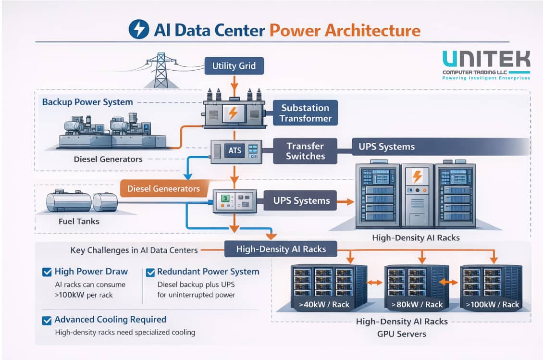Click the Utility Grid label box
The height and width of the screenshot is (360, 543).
pyautogui.click(x=234, y=65)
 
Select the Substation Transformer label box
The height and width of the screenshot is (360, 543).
pyautogui.click(x=305, y=113)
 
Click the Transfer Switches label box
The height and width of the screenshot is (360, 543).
pyautogui.click(x=305, y=151)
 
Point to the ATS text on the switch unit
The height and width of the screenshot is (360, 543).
pyautogui.click(x=234, y=151)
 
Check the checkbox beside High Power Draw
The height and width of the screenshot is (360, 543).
pyautogui.click(x=47, y=272)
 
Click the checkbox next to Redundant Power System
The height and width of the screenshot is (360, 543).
pyautogui.click(x=150, y=272)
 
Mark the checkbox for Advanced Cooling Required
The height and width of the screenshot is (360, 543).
pyautogui.click(x=47, y=320)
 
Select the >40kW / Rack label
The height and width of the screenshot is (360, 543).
pyautogui.click(x=324, y=304)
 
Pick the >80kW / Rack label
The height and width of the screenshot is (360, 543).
pyautogui.click(x=417, y=304)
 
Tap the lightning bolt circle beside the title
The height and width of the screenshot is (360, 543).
pyautogui.click(x=139, y=30)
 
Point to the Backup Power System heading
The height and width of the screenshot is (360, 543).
pyautogui.click(x=87, y=102)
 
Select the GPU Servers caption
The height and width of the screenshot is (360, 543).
pyautogui.click(x=402, y=334)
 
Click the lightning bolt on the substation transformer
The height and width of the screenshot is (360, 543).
pyautogui.click(x=233, y=113)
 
